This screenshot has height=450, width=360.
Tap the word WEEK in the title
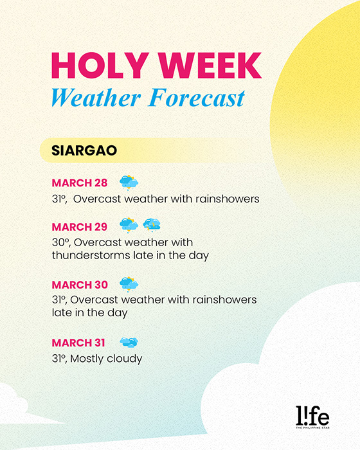pos(210,65)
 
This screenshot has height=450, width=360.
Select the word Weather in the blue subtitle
pos(96,98)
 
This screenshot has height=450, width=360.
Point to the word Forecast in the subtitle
pos(197,98)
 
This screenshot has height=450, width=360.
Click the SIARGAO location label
pos(84,150)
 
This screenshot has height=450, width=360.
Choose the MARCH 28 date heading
pos(80,183)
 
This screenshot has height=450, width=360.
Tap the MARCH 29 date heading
pos(80,227)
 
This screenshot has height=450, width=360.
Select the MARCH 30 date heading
pos(80,285)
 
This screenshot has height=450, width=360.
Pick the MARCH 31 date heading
pos(78,343)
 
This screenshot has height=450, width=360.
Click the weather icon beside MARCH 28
pos(129,183)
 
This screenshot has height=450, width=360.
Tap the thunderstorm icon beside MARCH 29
pos(152,225)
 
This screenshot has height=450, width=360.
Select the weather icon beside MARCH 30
pos(129,284)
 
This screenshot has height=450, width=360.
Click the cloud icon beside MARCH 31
pos(129,343)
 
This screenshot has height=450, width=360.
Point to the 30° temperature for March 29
pos(61,243)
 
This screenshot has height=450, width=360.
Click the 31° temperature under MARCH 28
pos(59,199)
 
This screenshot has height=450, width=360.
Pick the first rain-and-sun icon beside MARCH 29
pos(129,225)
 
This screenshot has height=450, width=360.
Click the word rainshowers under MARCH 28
pos(228,199)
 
